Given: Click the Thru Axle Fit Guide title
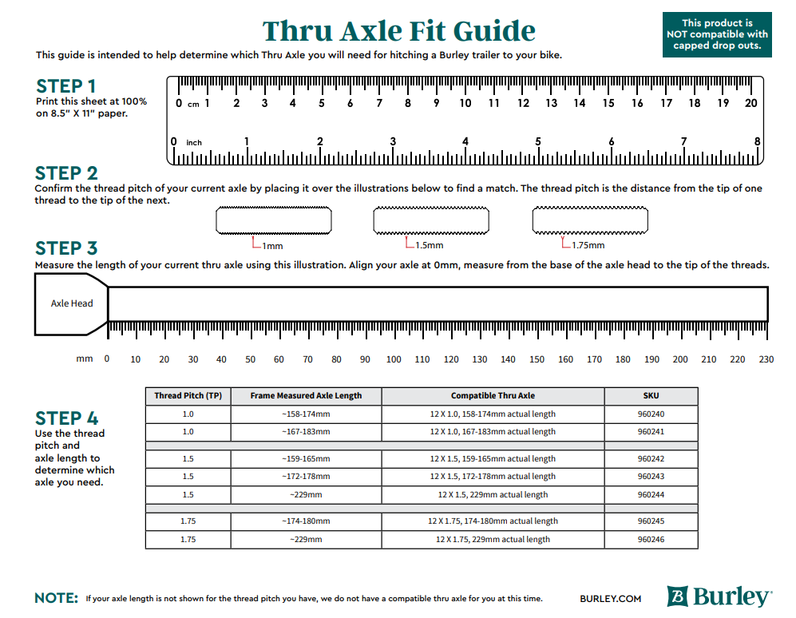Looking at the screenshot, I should pyautogui.click(x=399, y=31).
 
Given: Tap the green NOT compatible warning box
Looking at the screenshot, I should pyautogui.click(x=717, y=34).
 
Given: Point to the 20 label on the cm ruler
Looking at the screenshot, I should pyautogui.click(x=750, y=103).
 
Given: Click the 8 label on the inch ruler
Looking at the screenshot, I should pyautogui.click(x=757, y=141).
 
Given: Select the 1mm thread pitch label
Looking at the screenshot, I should pyautogui.click(x=272, y=245).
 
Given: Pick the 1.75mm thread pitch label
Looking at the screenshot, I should pyautogui.click(x=588, y=245).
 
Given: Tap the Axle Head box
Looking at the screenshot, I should pyautogui.click(x=71, y=303).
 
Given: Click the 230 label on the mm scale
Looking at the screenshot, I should pyautogui.click(x=766, y=359).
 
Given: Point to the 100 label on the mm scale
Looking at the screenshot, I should pyautogui.click(x=394, y=359).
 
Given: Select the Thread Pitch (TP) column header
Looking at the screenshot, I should pyautogui.click(x=188, y=396).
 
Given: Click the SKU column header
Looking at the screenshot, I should pyautogui.click(x=651, y=396).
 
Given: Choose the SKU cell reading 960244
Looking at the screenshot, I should pyautogui.click(x=651, y=495).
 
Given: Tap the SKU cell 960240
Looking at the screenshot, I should pyautogui.click(x=651, y=414).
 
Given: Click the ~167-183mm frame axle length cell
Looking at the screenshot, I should pyautogui.click(x=306, y=432).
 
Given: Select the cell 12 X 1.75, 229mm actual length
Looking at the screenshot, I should pyautogui.click(x=493, y=540).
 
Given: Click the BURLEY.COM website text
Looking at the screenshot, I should pyautogui.click(x=611, y=598).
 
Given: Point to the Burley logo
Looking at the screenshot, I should pyautogui.click(x=719, y=596).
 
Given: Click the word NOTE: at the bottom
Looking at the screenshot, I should pyautogui.click(x=57, y=598).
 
